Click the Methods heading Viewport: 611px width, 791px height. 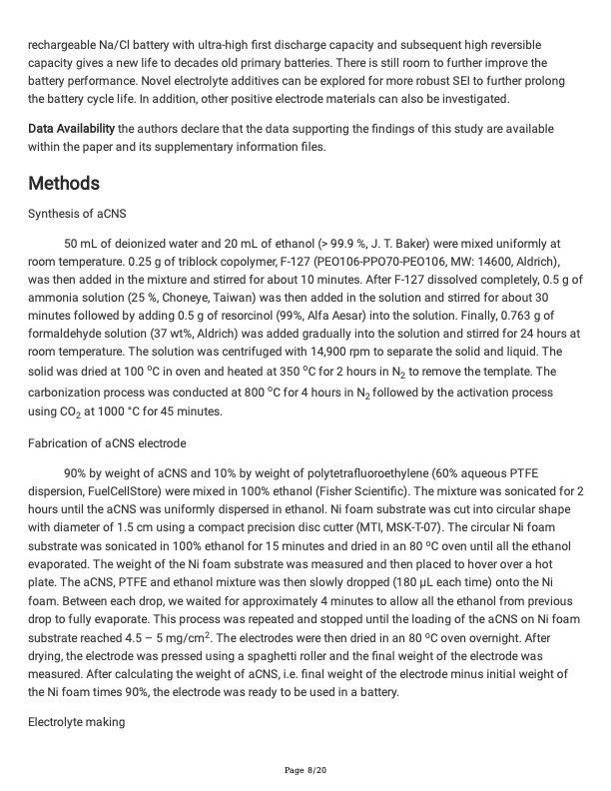tap(64, 184)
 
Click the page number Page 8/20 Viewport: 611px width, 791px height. tap(305, 770)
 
